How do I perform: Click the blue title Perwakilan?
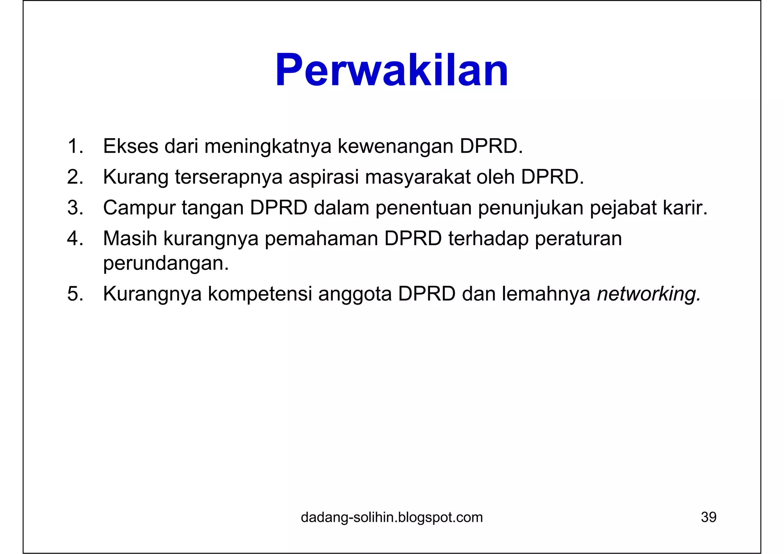pyautogui.click(x=392, y=70)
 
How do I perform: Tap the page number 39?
pyautogui.click(x=708, y=517)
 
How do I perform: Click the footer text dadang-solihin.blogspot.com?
pyautogui.click(x=392, y=517)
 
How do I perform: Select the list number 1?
pyautogui.click(x=75, y=146)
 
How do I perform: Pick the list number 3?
pyautogui.click(x=75, y=208)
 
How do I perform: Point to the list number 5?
pyautogui.click(x=75, y=294)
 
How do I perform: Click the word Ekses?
pyautogui.click(x=131, y=146)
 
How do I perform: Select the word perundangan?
pyautogui.click(x=166, y=264)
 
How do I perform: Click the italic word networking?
pyautogui.click(x=648, y=294)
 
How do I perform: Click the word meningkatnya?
pyautogui.click(x=268, y=147)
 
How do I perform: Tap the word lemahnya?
pyautogui.click(x=546, y=294)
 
